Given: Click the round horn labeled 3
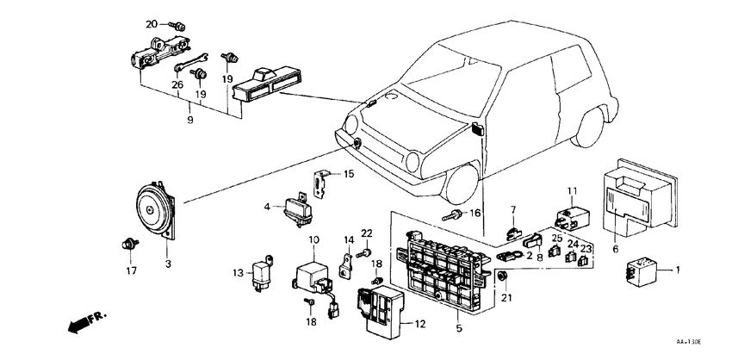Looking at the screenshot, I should point(156,212).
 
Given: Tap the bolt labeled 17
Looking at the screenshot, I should point(129,245).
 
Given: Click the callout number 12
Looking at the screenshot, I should point(419,325).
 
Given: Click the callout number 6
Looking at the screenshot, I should point(614,249).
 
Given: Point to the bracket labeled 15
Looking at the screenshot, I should point(322,183).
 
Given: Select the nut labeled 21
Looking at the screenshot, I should point(500,276).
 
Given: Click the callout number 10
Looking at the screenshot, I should point(313,239).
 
